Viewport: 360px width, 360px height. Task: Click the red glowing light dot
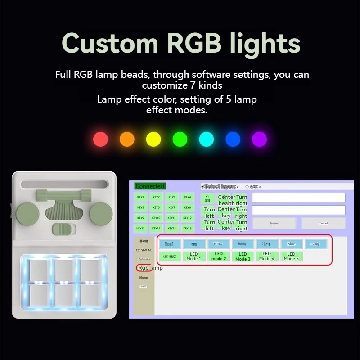100,139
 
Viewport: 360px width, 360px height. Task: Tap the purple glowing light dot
259,139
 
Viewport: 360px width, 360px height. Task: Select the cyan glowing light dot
207,139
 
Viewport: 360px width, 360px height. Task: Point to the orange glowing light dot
127,139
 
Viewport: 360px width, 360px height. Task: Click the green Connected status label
150,186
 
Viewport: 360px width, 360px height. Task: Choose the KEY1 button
141,197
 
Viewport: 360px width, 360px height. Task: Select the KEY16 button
188,228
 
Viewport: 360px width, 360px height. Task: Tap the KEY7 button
172,207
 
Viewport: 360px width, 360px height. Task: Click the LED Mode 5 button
291,256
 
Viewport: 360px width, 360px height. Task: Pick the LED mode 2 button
218,256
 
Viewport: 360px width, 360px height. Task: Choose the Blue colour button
291,244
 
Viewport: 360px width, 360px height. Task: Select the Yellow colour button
218,244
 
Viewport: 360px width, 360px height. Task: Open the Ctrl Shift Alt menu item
144,250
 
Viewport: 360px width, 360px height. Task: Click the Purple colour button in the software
315,244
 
